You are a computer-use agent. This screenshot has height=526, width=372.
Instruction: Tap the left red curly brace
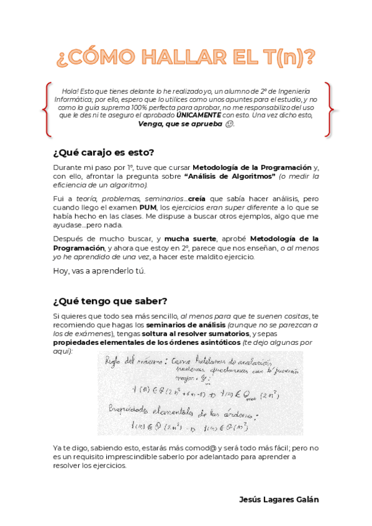point(47,109)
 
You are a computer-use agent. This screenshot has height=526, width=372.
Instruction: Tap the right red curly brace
point(329,109)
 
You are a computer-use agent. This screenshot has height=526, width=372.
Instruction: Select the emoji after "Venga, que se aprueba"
point(230,124)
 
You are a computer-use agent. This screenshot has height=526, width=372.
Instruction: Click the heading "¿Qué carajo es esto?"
point(104,153)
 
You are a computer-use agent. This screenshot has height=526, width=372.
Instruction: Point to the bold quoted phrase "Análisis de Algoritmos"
point(230,176)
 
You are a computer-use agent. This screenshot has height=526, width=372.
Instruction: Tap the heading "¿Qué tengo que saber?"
point(110,301)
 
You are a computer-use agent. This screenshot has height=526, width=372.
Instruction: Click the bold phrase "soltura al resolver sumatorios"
point(194,334)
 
